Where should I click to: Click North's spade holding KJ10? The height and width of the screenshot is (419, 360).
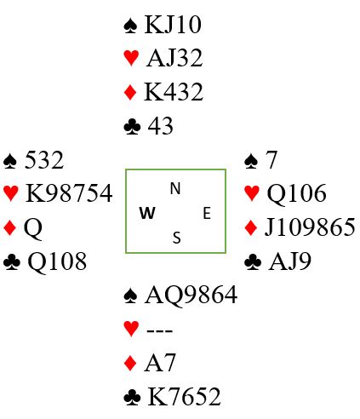click(x=173, y=25)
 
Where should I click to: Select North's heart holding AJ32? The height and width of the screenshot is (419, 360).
click(x=174, y=58)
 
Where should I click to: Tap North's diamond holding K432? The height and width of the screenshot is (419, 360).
click(x=174, y=92)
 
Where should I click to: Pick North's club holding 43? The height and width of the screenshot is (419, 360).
click(x=160, y=126)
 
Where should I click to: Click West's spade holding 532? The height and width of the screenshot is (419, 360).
click(x=44, y=160)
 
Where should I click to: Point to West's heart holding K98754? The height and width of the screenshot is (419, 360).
click(x=69, y=193)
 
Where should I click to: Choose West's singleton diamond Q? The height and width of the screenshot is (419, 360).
click(x=33, y=228)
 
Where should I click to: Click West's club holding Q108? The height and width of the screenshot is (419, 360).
click(x=57, y=261)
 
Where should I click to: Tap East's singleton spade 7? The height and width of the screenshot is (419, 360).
click(x=271, y=160)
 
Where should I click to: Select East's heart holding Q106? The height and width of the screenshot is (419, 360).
click(x=297, y=193)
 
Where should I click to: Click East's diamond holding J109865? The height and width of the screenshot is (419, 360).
click(x=310, y=227)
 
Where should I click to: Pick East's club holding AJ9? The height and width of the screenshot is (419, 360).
click(x=289, y=261)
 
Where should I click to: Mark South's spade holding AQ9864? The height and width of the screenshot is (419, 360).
click(x=191, y=296)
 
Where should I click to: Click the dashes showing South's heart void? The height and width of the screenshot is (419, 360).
click(x=160, y=330)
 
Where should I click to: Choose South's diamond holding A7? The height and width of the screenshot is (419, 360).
click(x=160, y=363)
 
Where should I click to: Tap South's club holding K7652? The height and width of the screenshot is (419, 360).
click(x=184, y=396)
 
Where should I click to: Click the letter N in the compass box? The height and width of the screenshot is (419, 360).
click(x=175, y=188)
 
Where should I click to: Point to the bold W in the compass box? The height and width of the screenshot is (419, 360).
click(x=147, y=213)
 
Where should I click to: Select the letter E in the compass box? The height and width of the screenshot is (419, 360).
click(x=207, y=213)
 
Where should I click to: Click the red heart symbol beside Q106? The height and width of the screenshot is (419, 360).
click(x=252, y=193)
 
